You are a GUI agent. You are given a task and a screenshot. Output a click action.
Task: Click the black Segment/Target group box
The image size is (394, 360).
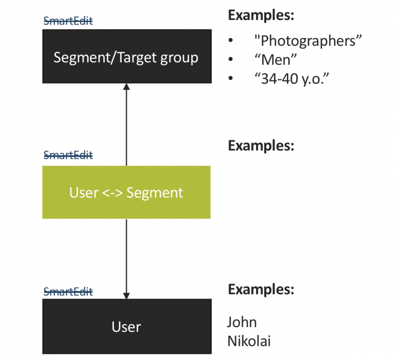tap(126, 56)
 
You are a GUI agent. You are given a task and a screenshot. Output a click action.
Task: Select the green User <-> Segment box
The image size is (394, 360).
tap(126, 193)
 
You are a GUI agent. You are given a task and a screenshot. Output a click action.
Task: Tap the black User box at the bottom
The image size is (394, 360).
tap(126, 327)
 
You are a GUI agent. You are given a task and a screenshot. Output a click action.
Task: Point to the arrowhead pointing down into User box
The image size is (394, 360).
tap(127, 295)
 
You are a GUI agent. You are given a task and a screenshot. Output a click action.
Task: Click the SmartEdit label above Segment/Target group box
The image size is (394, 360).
tap(68, 21)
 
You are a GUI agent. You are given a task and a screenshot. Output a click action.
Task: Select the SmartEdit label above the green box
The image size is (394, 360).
tap(68, 155)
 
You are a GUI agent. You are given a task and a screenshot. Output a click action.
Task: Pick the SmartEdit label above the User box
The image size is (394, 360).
tap(68, 292)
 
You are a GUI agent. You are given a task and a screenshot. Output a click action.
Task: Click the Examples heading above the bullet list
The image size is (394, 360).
tap(261, 15)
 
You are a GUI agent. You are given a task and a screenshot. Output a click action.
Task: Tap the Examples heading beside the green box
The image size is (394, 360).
tap(261, 145)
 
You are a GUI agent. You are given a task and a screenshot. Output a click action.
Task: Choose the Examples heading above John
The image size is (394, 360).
tap(261, 289)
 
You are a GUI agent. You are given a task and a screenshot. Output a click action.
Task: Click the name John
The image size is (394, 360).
tap(242, 322)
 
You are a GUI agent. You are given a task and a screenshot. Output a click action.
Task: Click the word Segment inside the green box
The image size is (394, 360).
tap(154, 193)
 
